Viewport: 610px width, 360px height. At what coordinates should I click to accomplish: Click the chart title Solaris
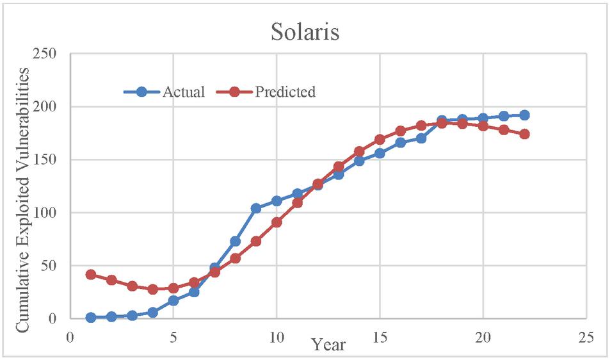click(x=305, y=32)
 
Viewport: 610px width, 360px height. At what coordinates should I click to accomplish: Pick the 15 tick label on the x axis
click(x=380, y=336)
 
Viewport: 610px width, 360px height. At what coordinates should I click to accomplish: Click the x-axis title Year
click(x=329, y=345)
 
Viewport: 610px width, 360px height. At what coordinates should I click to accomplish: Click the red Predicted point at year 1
click(x=91, y=274)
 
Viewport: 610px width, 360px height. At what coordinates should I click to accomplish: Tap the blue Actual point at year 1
click(x=91, y=317)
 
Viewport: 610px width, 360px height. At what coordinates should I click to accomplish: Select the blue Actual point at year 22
click(x=524, y=115)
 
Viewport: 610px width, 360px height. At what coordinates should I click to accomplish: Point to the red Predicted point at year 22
click(x=524, y=134)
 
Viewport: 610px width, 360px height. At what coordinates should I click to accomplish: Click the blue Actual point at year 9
click(x=256, y=208)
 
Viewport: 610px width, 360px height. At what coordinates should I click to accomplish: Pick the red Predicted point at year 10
click(x=277, y=222)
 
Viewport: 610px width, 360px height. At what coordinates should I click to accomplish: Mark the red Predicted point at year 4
click(x=152, y=289)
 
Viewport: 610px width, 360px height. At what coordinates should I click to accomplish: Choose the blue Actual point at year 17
click(x=421, y=138)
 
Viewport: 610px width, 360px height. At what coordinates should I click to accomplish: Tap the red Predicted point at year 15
click(x=380, y=140)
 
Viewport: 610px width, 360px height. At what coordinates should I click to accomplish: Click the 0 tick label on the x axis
click(x=70, y=336)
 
